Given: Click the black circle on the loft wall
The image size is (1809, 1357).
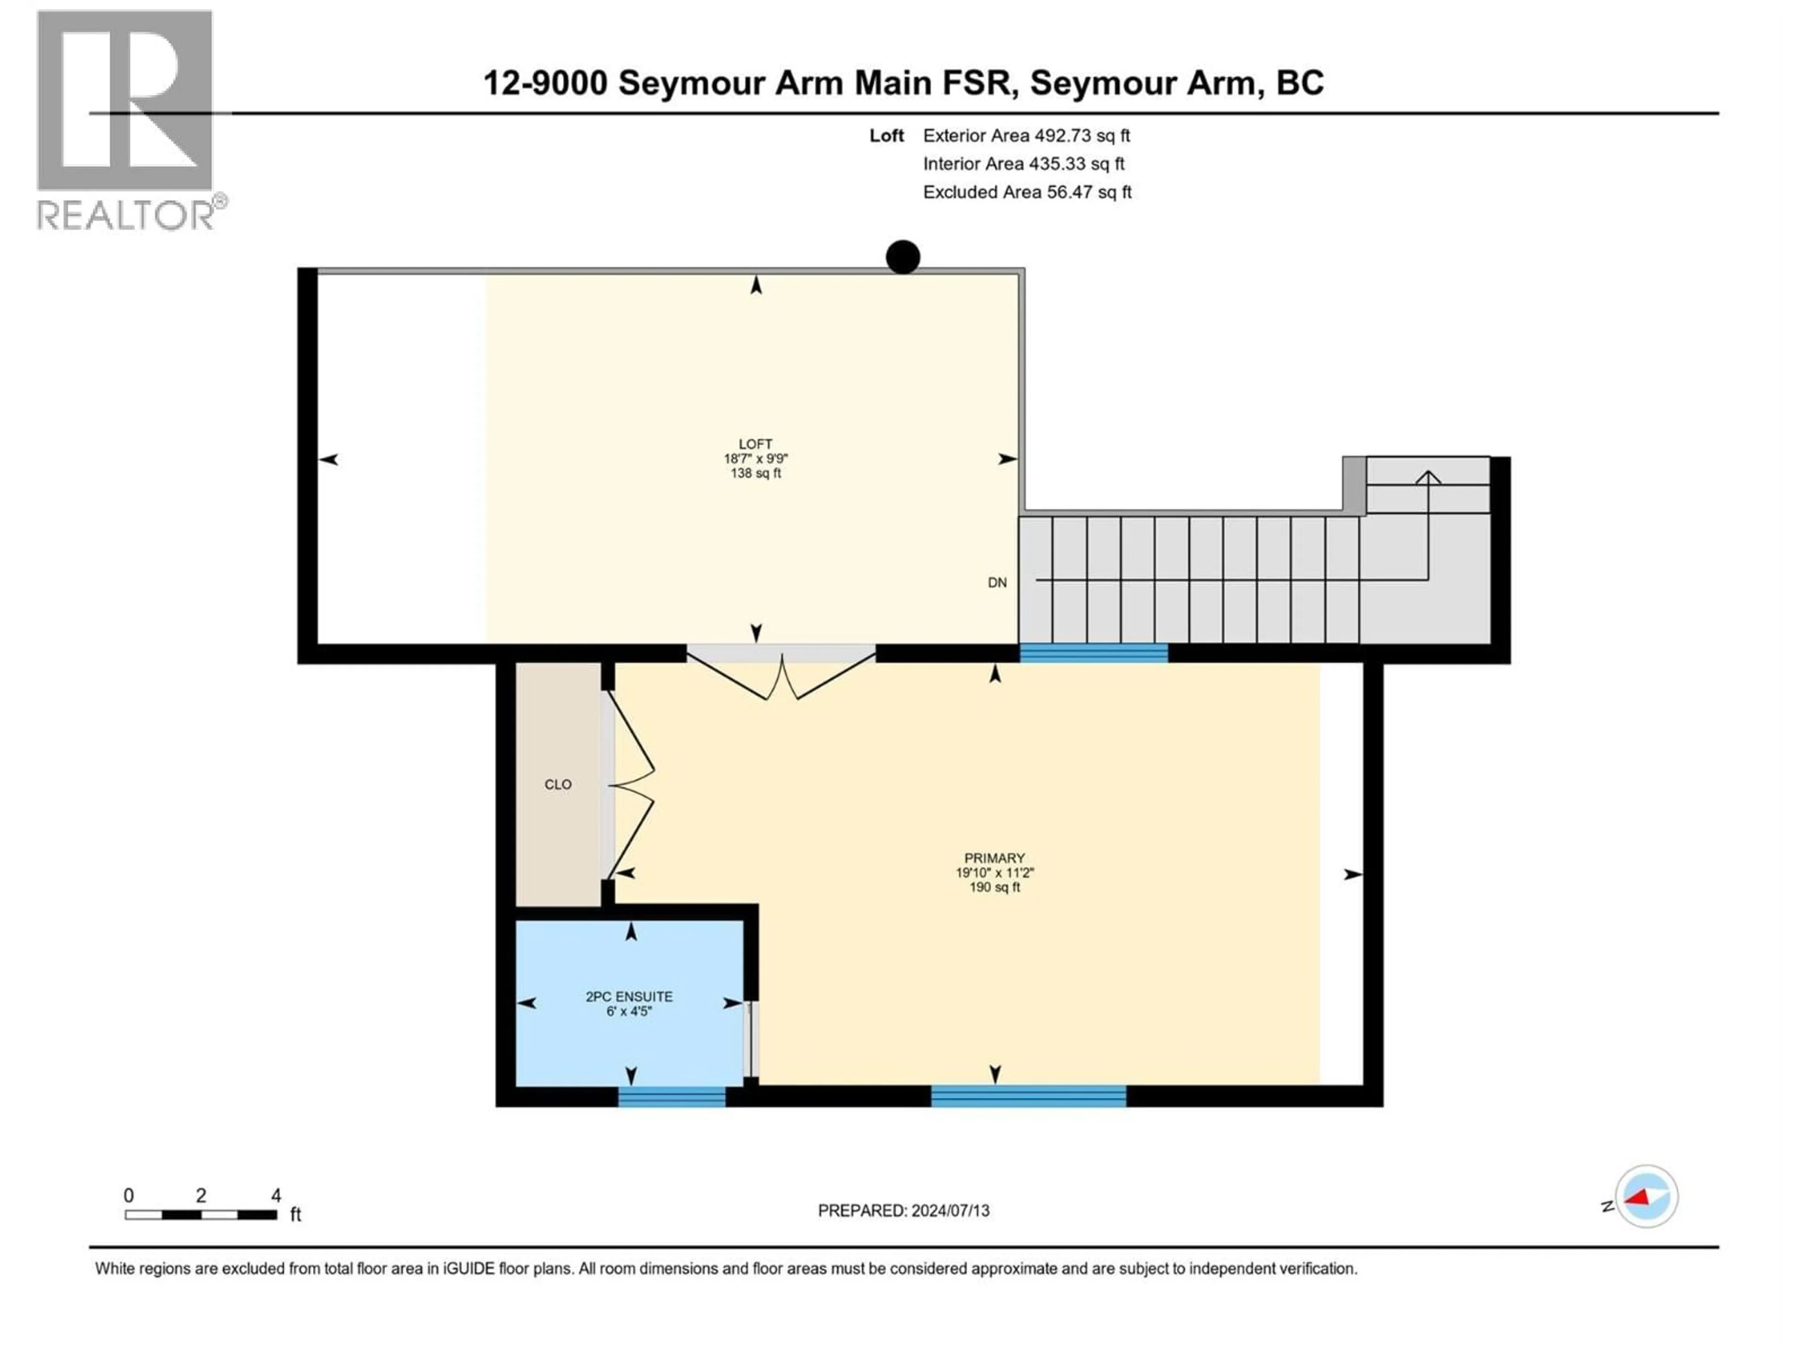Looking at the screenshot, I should click(903, 257).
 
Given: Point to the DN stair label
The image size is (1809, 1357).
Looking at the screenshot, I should click(997, 582).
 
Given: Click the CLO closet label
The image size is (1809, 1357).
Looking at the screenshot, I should click(558, 785).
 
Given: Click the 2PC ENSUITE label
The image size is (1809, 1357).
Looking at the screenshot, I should click(629, 996).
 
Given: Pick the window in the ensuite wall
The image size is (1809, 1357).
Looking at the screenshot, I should click(671, 1097).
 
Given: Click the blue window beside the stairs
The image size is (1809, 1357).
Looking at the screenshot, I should click(1093, 653).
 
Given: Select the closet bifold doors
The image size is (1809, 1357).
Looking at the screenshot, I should click(631, 785).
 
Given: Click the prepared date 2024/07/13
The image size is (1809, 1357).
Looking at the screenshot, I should click(903, 1210).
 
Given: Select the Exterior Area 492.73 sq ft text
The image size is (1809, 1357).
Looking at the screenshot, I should click(1027, 136).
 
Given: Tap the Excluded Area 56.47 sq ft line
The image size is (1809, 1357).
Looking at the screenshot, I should click(1027, 192).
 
